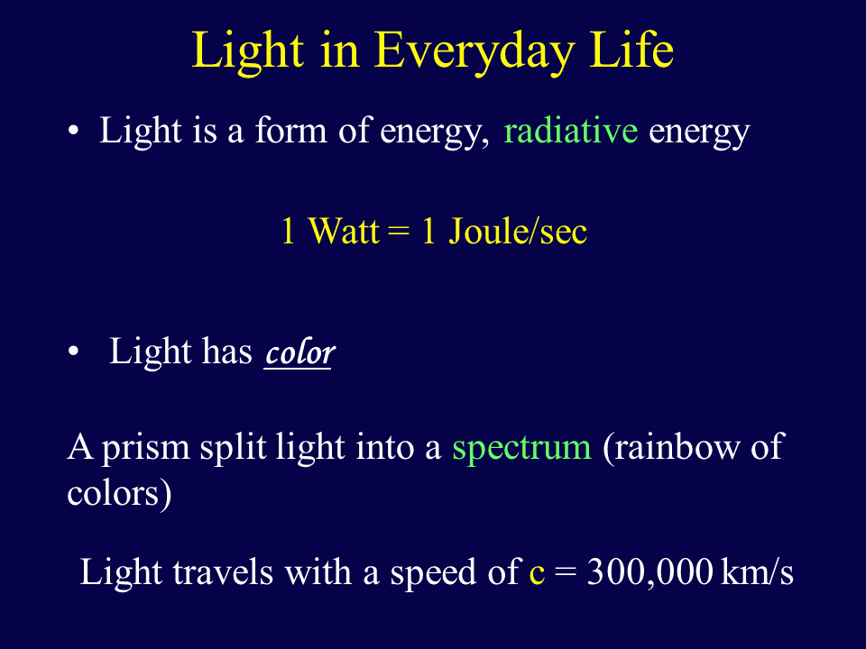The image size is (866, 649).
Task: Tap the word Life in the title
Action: pyautogui.click(x=631, y=49)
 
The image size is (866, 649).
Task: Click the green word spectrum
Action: pyautogui.click(x=522, y=448)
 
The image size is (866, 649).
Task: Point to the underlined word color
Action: pyautogui.click(x=299, y=352)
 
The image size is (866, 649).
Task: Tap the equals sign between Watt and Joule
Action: pyautogui.click(x=399, y=232)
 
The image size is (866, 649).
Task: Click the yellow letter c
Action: pyautogui.click(x=537, y=574)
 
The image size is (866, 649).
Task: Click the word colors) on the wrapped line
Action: pyautogui.click(x=119, y=493)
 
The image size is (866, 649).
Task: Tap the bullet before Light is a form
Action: pyautogui.click(x=73, y=132)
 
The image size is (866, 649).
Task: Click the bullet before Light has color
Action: pyautogui.click(x=73, y=352)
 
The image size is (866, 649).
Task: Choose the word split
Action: pyautogui.click(x=233, y=447)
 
